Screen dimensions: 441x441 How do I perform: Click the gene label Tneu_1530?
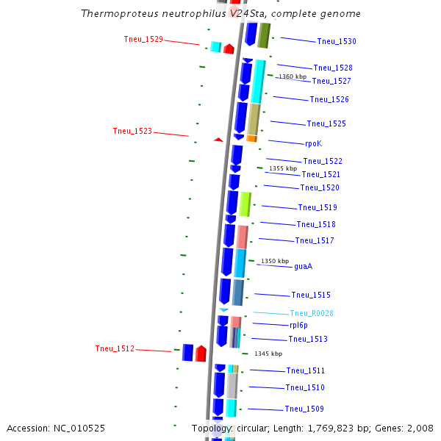coord(337,42)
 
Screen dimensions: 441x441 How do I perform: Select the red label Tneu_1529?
coord(143,40)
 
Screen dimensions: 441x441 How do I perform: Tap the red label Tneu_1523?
coord(132,132)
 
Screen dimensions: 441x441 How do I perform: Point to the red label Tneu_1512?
coord(115,348)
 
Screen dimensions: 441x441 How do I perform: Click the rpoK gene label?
coord(313,143)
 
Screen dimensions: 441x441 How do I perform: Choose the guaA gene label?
coord(303,267)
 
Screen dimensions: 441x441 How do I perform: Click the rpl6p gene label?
coord(298,325)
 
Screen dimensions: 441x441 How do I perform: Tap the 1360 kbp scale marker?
coord(293,76)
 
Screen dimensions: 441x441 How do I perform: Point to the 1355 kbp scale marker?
coord(283,168)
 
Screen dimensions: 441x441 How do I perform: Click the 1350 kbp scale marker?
coord(275,261)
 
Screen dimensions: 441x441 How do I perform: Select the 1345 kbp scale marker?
coord(268,354)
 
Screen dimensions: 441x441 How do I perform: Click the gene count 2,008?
coord(419,428)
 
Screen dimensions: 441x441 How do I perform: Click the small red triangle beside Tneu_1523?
coord(218,139)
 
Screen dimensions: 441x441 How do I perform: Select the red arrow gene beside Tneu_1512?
coord(201,354)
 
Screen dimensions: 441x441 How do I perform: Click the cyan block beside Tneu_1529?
coord(216,47)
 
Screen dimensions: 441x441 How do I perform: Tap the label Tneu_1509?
coord(304,409)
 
